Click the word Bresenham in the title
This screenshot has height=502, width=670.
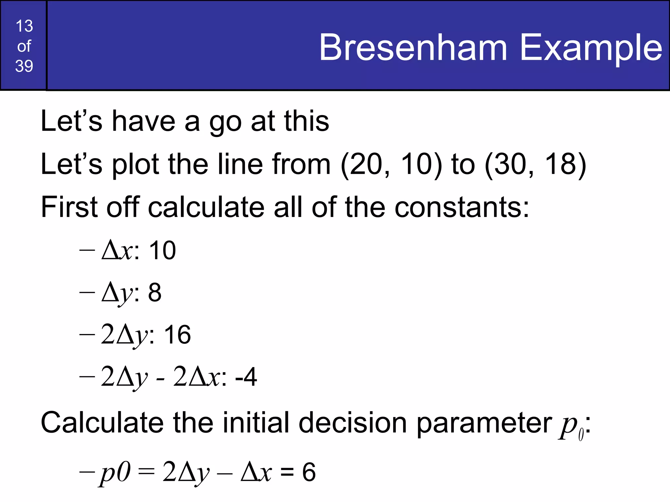tap(413, 48)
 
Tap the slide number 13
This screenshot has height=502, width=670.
tap(24, 26)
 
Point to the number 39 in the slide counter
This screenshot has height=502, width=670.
tap(24, 66)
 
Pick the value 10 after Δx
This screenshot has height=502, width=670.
tap(162, 251)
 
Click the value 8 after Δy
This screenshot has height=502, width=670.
tap(155, 293)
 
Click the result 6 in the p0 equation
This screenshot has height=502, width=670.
tap(309, 472)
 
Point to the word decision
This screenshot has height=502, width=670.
tap(353, 423)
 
